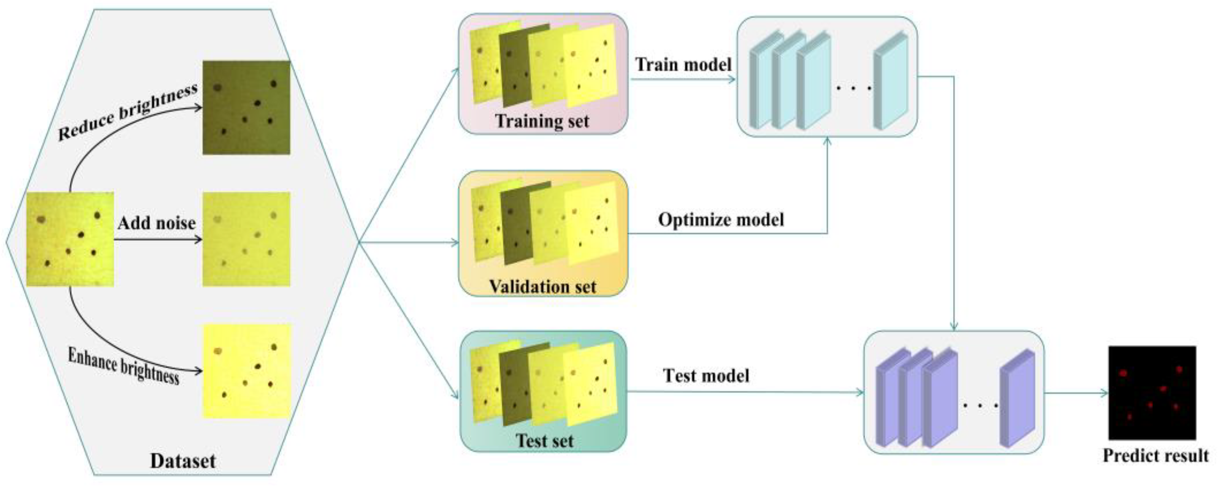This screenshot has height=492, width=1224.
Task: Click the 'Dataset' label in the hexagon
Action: tap(183, 461)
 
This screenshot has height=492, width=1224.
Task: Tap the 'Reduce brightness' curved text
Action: tap(127, 113)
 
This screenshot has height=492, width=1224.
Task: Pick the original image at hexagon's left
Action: tap(70, 239)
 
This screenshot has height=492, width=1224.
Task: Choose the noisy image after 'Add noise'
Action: tap(246, 239)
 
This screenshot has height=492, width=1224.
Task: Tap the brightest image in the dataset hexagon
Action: tap(246, 371)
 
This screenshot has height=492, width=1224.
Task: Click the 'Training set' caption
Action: tap(542, 121)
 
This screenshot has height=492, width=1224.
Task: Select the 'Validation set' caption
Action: tap(542, 287)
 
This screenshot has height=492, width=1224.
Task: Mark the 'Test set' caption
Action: tap(544, 440)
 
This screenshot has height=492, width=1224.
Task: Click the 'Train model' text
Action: tap(683, 65)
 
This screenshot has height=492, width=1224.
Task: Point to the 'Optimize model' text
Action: tap(721, 220)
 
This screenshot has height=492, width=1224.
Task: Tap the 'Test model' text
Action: tap(706, 376)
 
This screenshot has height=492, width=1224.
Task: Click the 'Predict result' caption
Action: tap(1156, 455)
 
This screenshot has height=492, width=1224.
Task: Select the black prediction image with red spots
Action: tap(1152, 393)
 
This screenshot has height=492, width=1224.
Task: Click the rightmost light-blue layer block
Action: tap(891, 82)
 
